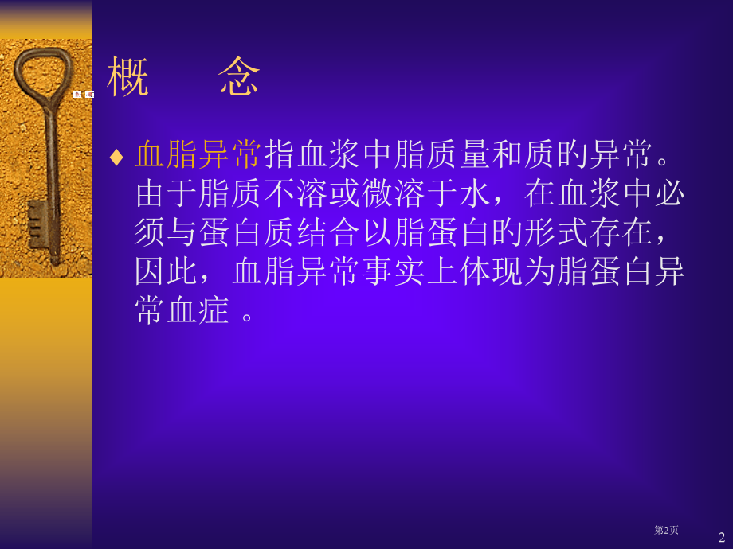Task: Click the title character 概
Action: click(128, 78)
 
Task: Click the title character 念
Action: click(239, 78)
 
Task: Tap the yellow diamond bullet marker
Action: click(116, 156)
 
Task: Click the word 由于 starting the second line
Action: click(167, 194)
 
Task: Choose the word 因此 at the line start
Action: click(167, 272)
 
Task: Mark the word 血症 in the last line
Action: click(199, 311)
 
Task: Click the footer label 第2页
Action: click(666, 530)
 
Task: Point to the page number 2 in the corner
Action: click(722, 537)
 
